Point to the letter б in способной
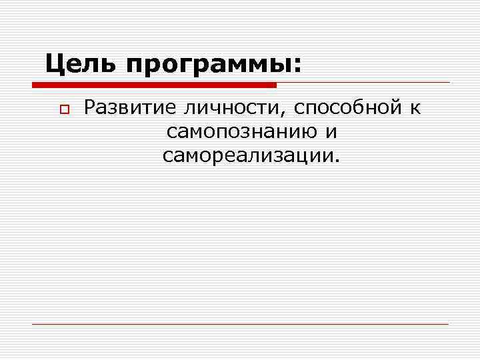(x=370, y=107)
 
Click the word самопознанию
(x=241, y=133)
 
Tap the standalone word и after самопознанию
(x=331, y=133)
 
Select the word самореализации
(x=248, y=157)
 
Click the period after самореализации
(x=337, y=161)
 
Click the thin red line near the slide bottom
(x=240, y=324)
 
